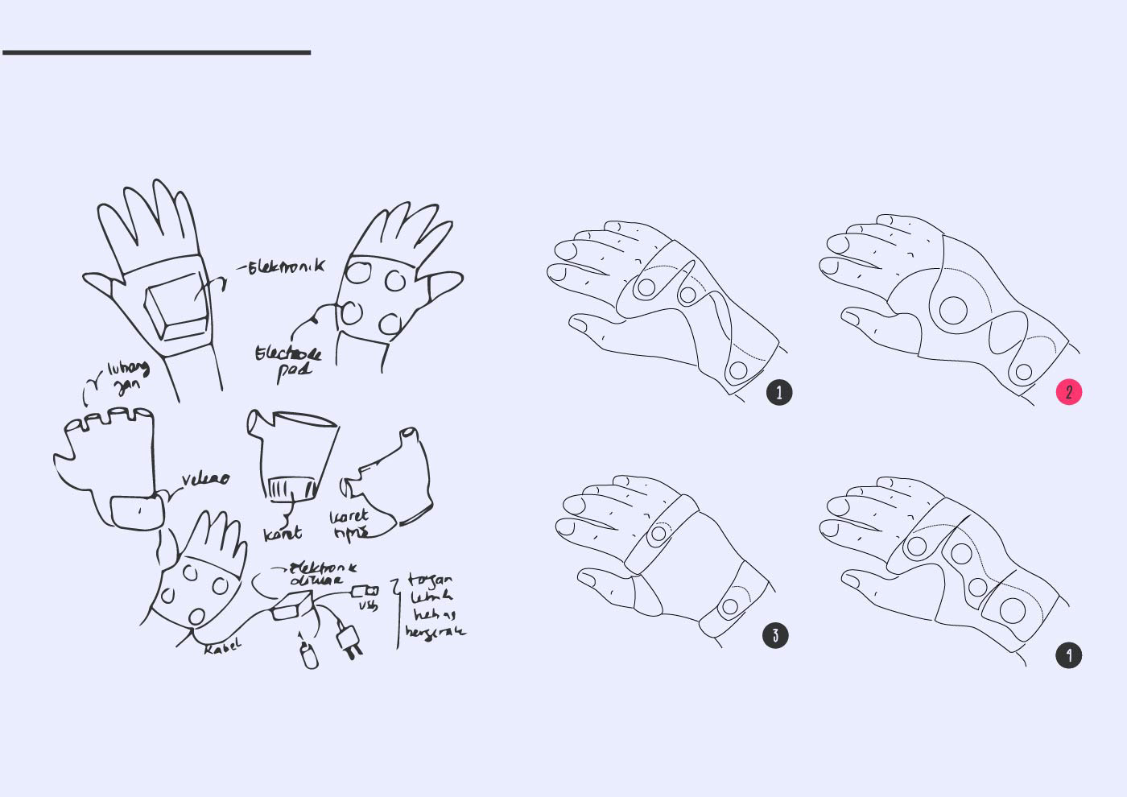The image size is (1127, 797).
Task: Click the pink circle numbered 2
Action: [1069, 392]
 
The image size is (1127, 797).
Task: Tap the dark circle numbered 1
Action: [779, 392]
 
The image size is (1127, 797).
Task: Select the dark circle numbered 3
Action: [775, 635]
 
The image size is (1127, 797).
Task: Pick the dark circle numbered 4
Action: [1069, 655]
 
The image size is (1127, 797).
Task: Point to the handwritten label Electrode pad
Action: [288, 363]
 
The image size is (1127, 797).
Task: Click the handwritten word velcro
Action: [205, 479]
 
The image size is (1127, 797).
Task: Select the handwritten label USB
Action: [367, 605]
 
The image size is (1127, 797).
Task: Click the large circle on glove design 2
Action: [953, 310]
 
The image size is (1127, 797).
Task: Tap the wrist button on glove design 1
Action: [737, 371]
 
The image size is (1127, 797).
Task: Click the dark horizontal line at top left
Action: [156, 52]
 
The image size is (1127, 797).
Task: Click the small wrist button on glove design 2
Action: [1023, 372]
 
